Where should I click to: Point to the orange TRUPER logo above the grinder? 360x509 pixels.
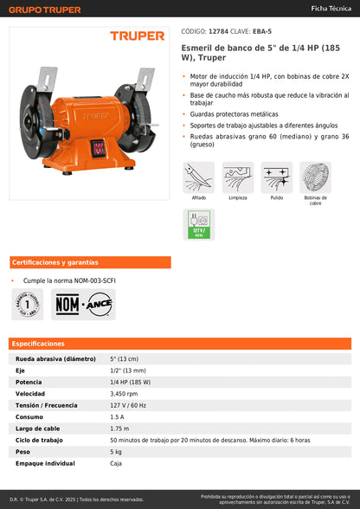pos(136,36)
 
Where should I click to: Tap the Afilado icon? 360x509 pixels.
pos(199,178)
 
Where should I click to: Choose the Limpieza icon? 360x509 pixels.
pos(238,178)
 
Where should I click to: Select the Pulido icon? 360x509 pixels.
pos(277,178)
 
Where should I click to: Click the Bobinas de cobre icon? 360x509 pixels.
pos(316,178)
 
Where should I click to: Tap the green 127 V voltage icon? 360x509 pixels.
pos(199,223)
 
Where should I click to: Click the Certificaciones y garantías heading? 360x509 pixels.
pos(48,262)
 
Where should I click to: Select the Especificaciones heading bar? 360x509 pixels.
pos(180,344)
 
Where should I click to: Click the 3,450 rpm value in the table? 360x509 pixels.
pos(125,393)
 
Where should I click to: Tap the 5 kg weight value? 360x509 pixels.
pos(116,451)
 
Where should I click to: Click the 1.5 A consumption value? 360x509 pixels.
pos(117,416)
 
